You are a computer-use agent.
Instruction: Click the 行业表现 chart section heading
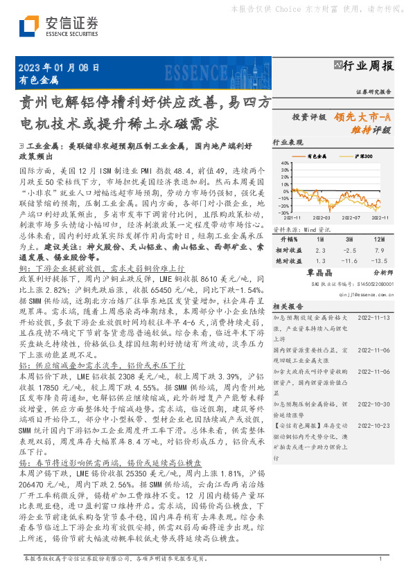pyautogui.click(x=288, y=142)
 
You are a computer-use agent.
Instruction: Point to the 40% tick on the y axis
pyautogui.click(x=284, y=165)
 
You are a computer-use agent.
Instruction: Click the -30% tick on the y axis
pyautogui.click(x=283, y=212)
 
